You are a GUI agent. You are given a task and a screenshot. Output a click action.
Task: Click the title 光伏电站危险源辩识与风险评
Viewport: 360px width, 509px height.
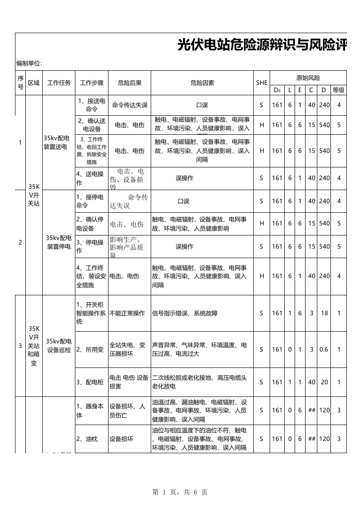pyautogui.click(x=261, y=46)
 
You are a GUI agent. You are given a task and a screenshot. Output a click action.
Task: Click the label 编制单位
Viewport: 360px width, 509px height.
pyautogui.click(x=29, y=63)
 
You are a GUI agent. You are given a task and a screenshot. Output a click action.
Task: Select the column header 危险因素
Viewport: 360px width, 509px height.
pyautogui.click(x=202, y=83)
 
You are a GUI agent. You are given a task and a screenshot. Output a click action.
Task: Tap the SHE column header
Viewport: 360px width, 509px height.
pyautogui.click(x=261, y=83)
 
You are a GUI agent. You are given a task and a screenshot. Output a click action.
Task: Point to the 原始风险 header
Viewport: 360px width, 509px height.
pyautogui.click(x=308, y=78)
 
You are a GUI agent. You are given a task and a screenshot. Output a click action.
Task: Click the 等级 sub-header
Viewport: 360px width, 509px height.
pyautogui.click(x=339, y=89)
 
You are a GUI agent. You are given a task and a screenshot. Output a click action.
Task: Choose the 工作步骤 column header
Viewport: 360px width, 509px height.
pyautogui.click(x=92, y=83)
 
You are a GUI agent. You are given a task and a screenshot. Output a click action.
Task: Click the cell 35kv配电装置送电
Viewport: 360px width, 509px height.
pyautogui.click(x=59, y=142)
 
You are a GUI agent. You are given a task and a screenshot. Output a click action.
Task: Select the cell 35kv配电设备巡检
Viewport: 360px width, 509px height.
pyautogui.click(x=59, y=345)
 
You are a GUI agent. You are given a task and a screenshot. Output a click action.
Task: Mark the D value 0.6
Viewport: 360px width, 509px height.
pyautogui.click(x=324, y=349)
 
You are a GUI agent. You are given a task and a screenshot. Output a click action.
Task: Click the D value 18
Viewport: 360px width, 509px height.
pyautogui.click(x=324, y=313)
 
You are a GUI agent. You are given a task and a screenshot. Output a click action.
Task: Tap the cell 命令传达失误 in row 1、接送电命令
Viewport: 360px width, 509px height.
pyautogui.click(x=130, y=105)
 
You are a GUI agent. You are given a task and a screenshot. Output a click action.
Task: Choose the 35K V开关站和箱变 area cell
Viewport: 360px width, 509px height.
pyautogui.click(x=34, y=346)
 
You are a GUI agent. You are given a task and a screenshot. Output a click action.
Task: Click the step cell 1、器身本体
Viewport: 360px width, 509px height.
pyautogui.click(x=91, y=410)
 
